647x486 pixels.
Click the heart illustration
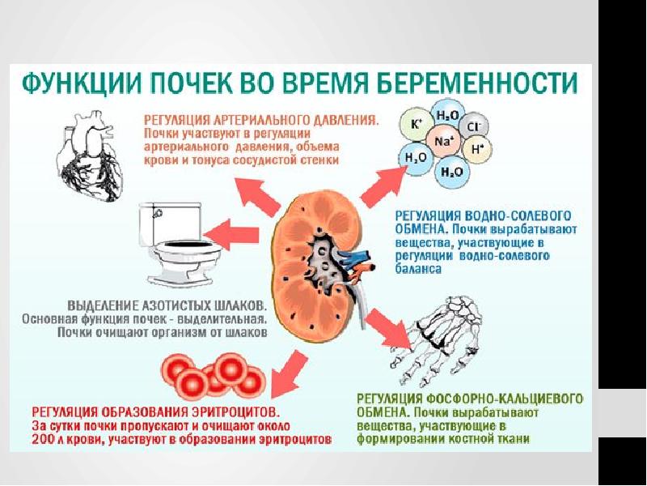(90, 156)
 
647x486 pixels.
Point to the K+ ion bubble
(417, 124)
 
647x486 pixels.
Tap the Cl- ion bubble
(472, 126)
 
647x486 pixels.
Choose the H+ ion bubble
(476, 150)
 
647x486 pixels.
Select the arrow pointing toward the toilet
(231, 235)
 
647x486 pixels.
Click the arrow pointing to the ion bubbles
(383, 185)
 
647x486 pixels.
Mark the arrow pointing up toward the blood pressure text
(257, 197)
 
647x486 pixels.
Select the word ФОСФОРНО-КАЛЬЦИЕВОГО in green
(504, 399)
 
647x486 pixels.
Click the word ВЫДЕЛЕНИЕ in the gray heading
(103, 306)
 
